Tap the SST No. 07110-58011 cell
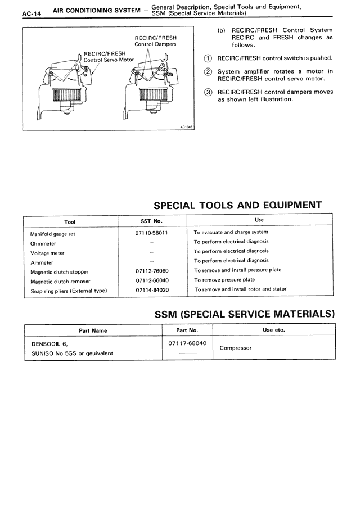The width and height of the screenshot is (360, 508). tap(152, 232)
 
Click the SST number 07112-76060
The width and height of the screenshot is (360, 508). tap(152, 271)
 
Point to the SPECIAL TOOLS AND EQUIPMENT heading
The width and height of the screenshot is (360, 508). tap(238, 205)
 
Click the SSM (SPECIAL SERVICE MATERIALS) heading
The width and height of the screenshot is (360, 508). tap(245, 314)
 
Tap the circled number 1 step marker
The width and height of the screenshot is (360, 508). tap(208, 58)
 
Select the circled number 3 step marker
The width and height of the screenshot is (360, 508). tap(208, 92)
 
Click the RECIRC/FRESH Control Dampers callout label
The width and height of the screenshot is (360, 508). tap(155, 40)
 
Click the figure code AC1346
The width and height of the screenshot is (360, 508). tap(186, 126)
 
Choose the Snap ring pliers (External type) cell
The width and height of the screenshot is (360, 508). tap(68, 291)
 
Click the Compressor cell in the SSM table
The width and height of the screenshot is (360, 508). tap(235, 348)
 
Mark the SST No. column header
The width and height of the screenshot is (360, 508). tap(151, 221)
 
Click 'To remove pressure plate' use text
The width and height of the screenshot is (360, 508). tap(224, 279)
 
